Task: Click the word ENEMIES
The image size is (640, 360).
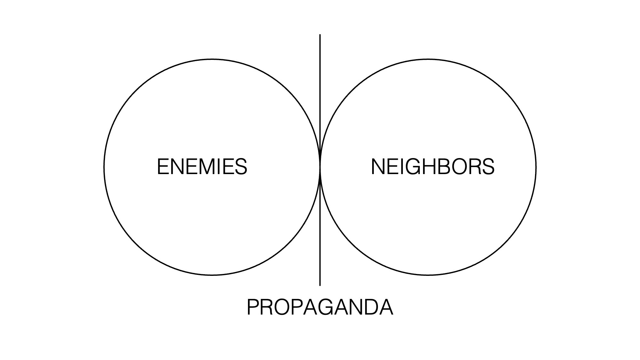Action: point(202,167)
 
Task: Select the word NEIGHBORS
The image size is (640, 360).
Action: point(432,167)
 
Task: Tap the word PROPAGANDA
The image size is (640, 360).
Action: point(320,307)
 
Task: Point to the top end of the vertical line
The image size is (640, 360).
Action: point(320,35)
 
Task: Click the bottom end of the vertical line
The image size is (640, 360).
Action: point(320,285)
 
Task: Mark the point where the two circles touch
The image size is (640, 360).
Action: point(320,167)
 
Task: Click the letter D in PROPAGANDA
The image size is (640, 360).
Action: point(371,307)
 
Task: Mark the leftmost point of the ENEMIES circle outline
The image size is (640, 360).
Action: point(104,167)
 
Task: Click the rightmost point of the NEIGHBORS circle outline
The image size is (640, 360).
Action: point(536,167)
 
